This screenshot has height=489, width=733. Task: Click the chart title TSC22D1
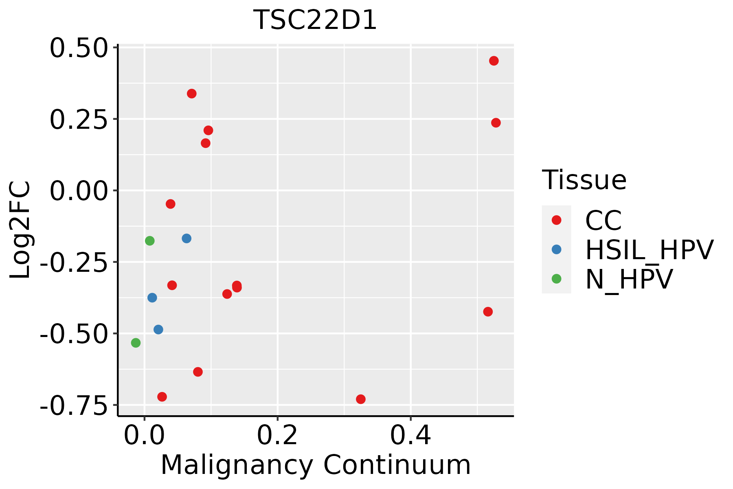click(x=315, y=20)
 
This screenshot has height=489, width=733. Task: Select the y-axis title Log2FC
click(x=20, y=230)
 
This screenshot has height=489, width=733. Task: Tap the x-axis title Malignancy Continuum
click(x=316, y=465)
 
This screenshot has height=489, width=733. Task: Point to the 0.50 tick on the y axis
click(x=78, y=48)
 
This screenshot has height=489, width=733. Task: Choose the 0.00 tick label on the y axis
click(x=78, y=191)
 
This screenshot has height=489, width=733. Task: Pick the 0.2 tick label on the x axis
click(x=277, y=436)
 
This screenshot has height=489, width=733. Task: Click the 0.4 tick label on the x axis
click(x=410, y=436)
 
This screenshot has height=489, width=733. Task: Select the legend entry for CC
click(x=603, y=220)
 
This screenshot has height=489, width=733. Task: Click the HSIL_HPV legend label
click(x=649, y=250)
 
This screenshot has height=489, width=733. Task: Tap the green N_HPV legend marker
click(x=556, y=279)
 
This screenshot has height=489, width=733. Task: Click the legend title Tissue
click(x=584, y=180)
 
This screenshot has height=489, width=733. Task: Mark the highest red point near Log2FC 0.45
click(x=494, y=61)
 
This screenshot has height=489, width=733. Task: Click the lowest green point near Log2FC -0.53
click(x=136, y=343)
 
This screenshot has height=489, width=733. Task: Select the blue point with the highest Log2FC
click(x=187, y=238)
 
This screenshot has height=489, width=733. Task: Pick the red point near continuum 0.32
click(x=360, y=399)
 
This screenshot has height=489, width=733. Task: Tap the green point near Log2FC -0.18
click(x=150, y=241)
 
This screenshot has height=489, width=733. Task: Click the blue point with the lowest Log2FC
click(x=158, y=329)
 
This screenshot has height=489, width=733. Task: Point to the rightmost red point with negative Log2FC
click(x=488, y=312)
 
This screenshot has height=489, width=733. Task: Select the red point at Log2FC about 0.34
click(x=192, y=94)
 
